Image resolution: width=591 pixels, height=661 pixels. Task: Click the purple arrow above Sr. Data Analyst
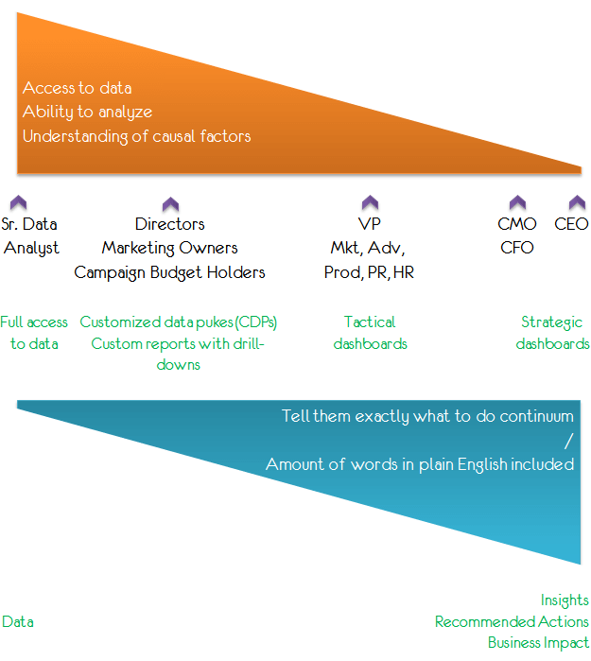click(x=18, y=202)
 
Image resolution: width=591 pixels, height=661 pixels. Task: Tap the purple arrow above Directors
click(x=170, y=204)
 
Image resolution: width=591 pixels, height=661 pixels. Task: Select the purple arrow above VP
click(x=370, y=202)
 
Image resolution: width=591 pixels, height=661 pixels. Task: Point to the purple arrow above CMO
click(x=517, y=202)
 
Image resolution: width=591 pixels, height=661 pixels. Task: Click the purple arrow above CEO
click(x=577, y=202)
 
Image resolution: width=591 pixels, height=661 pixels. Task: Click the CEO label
click(x=571, y=224)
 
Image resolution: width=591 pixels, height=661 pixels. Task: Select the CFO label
click(x=517, y=248)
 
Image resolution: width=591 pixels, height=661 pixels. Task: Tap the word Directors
click(x=170, y=224)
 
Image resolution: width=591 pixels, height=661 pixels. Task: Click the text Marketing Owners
click(x=170, y=248)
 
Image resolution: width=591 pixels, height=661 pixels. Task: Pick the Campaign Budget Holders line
click(x=170, y=272)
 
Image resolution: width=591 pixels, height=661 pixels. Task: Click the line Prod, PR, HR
click(x=369, y=272)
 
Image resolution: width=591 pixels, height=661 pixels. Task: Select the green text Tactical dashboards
click(x=370, y=333)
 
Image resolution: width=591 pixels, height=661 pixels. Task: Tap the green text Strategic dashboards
click(x=552, y=333)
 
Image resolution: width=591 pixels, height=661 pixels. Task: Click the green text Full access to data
click(x=34, y=333)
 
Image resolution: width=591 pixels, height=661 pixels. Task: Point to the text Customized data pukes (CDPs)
click(x=179, y=322)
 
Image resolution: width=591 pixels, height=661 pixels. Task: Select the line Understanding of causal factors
click(x=137, y=136)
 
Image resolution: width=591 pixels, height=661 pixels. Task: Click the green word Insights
click(x=565, y=600)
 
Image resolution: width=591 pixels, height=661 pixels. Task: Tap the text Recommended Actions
click(x=512, y=622)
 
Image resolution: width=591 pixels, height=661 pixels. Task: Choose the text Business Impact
click(x=538, y=643)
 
